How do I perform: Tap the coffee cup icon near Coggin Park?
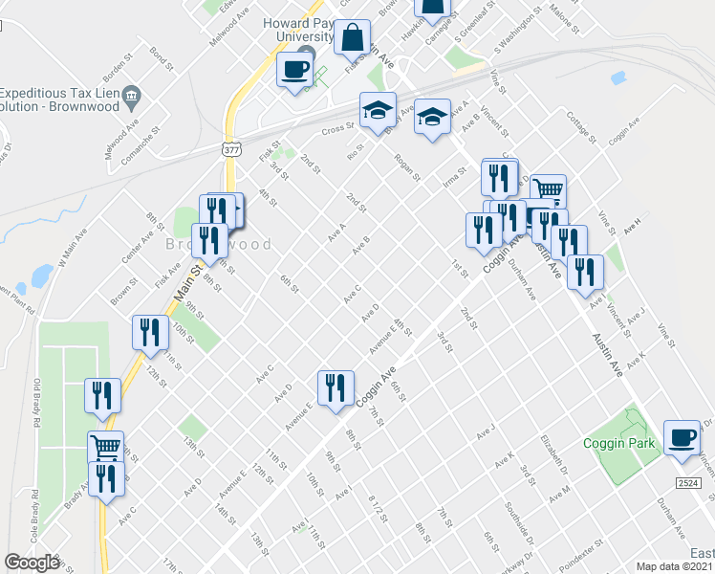[x=682, y=437]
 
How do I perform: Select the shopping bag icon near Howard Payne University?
[x=353, y=38]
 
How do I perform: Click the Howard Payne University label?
[x=302, y=28]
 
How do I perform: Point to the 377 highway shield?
[x=229, y=149]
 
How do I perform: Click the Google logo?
[x=32, y=562]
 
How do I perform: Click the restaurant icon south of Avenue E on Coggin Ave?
[x=334, y=387]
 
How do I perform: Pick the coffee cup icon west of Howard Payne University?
[x=294, y=69]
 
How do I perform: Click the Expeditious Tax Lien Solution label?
[x=61, y=99]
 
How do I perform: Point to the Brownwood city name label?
[x=218, y=245]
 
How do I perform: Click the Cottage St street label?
[x=579, y=125]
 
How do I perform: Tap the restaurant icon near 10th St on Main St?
[x=148, y=332]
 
